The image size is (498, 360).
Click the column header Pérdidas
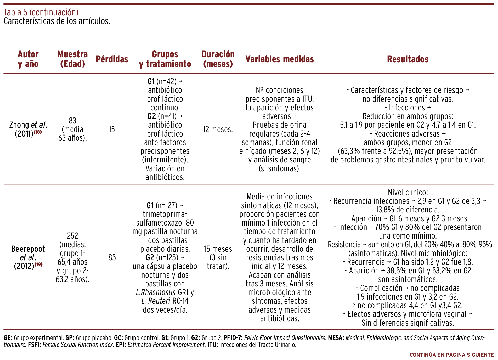pyautogui.click(x=112, y=59)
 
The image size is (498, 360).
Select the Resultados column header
pyautogui.click(x=408, y=59)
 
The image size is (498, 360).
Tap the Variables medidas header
pyautogui.click(x=279, y=59)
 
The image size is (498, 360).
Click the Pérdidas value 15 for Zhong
pyautogui.click(x=112, y=129)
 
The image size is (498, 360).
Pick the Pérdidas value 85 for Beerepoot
pyautogui.click(x=112, y=257)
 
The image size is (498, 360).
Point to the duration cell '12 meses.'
pyautogui.click(x=218, y=129)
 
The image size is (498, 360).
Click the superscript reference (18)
pyautogui.click(x=38, y=132)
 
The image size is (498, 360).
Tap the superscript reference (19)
pyautogui.click(x=38, y=265)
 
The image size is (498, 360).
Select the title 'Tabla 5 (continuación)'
pyautogui.click(x=41, y=12)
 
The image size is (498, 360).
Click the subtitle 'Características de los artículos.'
pyautogui.click(x=57, y=21)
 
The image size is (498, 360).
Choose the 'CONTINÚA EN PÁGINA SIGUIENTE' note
pyautogui.click(x=451, y=355)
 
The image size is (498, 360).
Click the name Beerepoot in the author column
pyautogui.click(x=28, y=249)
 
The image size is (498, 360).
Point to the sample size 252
pyautogui.click(x=72, y=236)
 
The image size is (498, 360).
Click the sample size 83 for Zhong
pyautogui.click(x=72, y=121)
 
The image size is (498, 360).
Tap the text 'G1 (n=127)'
pyautogui.click(x=162, y=205)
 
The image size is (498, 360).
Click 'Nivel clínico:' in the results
pyautogui.click(x=408, y=192)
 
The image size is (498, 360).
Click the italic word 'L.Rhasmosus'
pyautogui.click(x=156, y=292)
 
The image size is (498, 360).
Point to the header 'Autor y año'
pyautogui.click(x=28, y=59)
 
